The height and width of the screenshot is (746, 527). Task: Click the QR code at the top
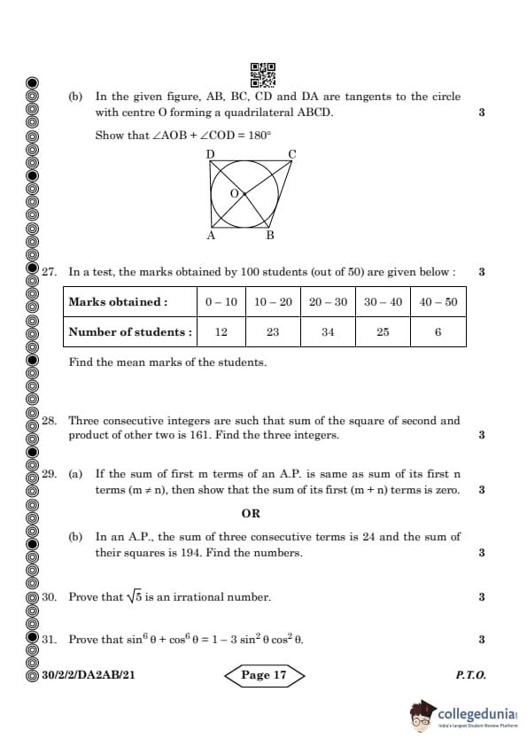point(263,74)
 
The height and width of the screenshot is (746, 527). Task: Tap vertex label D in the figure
point(211,154)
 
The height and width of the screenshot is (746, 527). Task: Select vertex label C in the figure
point(292,154)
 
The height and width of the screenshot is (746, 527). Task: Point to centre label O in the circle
point(234,192)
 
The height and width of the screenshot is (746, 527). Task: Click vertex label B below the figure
point(270,236)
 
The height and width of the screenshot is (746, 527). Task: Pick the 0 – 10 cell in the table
point(221,302)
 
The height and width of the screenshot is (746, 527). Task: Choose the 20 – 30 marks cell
point(328,302)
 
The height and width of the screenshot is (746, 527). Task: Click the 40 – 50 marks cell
point(438,302)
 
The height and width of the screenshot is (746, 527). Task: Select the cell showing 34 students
point(328,332)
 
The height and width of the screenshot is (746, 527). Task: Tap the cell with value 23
point(273,332)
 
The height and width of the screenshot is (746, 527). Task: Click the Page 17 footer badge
point(263,675)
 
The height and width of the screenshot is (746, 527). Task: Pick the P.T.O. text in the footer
point(470,675)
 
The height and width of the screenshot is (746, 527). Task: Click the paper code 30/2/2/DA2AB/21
point(88,675)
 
